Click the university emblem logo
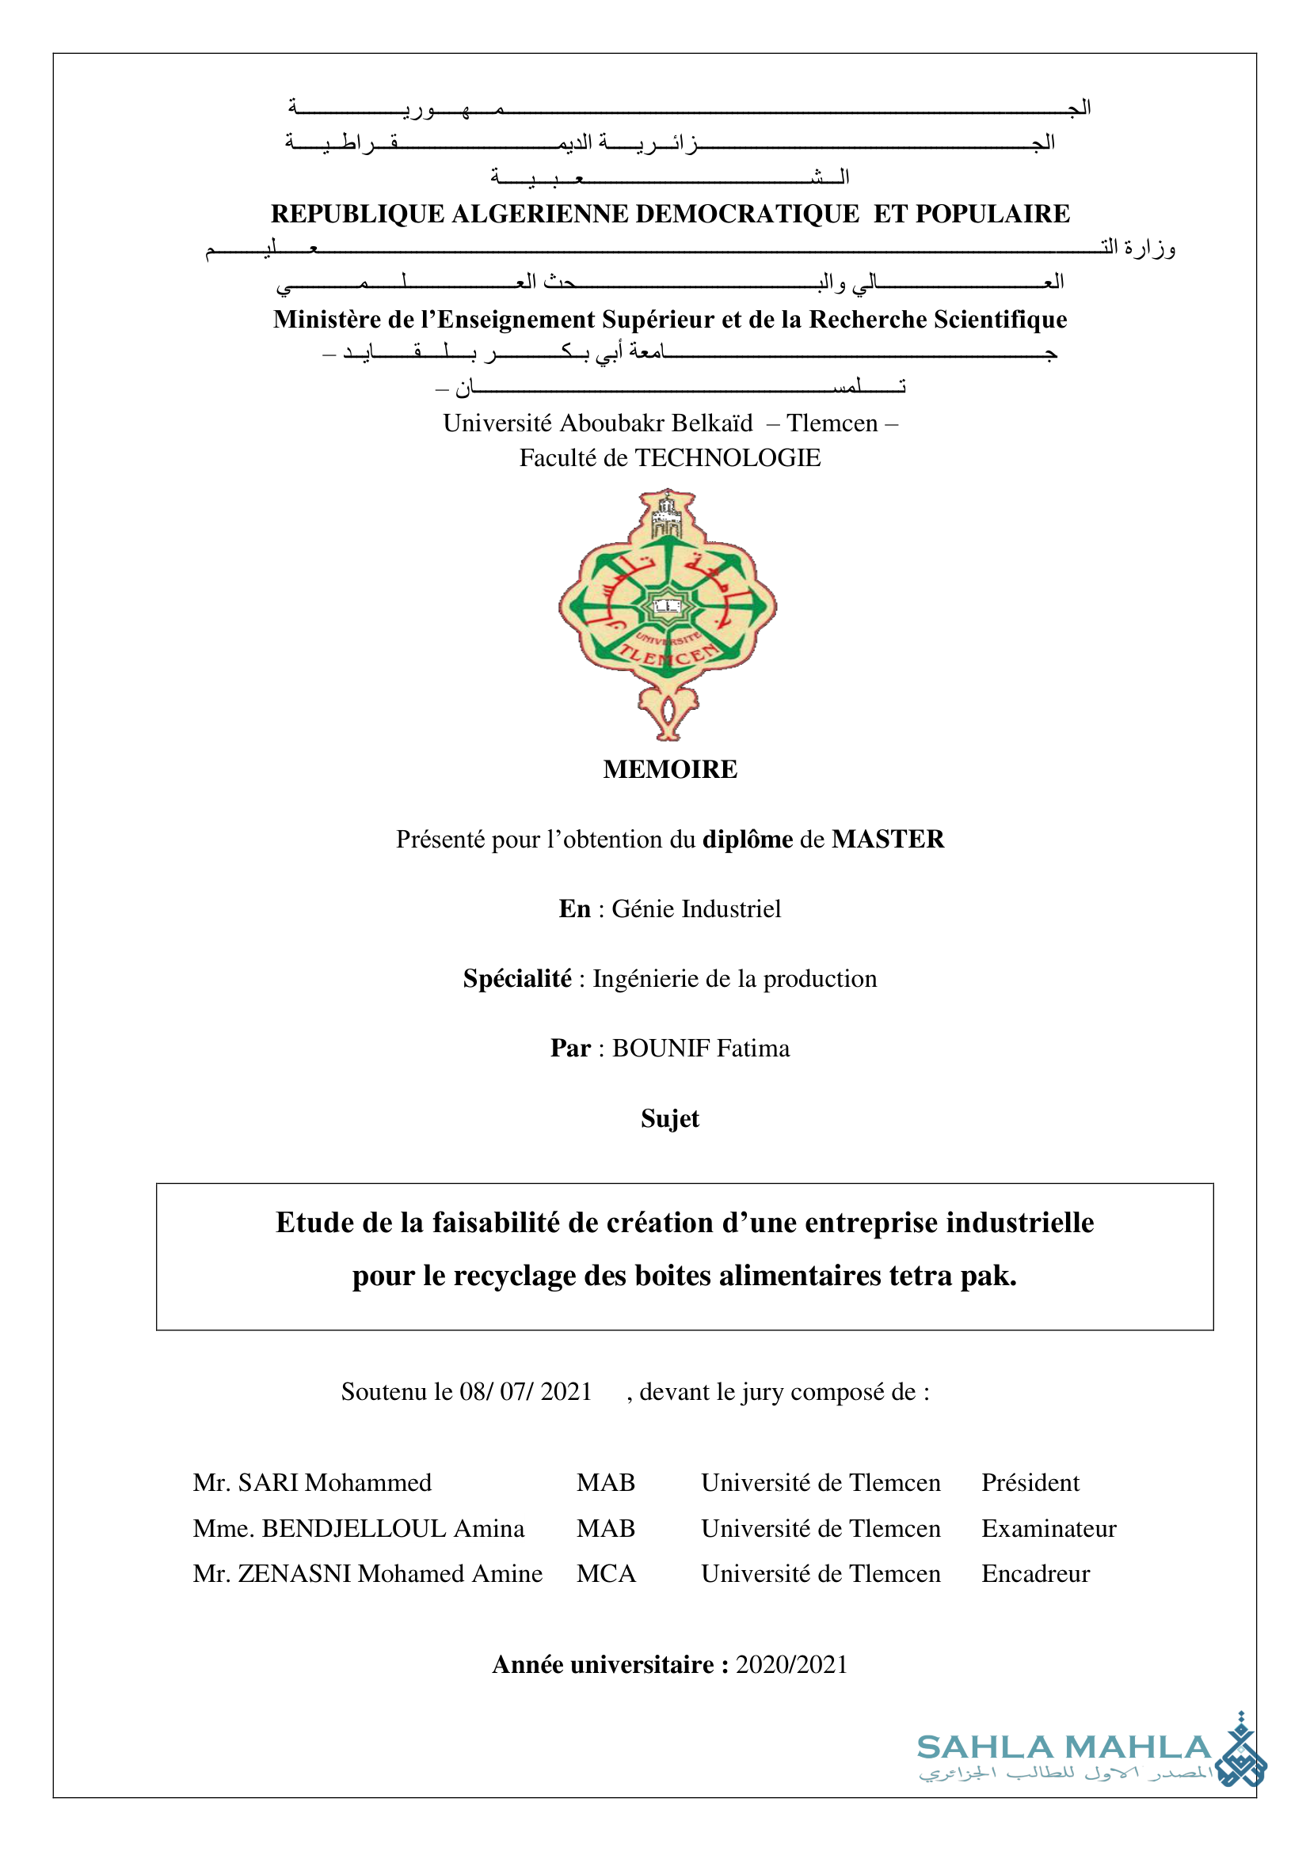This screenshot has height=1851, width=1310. pyautogui.click(x=668, y=614)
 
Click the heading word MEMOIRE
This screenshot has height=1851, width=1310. pyautogui.click(x=669, y=769)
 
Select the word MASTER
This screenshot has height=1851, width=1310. pyautogui.click(x=887, y=839)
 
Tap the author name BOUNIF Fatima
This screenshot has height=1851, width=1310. pyautogui.click(x=700, y=1048)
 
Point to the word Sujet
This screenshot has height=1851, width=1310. pyautogui.click(x=669, y=1118)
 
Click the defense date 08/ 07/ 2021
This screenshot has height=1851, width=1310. pyautogui.click(x=526, y=1391)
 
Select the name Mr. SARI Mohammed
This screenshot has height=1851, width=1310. pyautogui.click(x=312, y=1482)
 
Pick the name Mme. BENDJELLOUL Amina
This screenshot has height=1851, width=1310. pyautogui.click(x=358, y=1529)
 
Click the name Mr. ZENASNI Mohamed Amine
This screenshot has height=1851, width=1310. pyautogui.click(x=367, y=1574)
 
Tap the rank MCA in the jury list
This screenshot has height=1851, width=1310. pyautogui.click(x=606, y=1574)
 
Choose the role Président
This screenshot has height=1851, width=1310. pyautogui.click(x=1030, y=1482)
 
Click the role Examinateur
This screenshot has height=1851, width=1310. pyautogui.click(x=1049, y=1529)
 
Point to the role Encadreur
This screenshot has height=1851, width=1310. pyautogui.click(x=1035, y=1574)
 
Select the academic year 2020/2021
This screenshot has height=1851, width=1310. pyautogui.click(x=791, y=1665)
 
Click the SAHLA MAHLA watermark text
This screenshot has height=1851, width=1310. pyautogui.click(x=1063, y=1748)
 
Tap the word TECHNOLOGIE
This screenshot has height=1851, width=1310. pyautogui.click(x=728, y=458)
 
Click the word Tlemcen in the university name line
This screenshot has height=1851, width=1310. pyautogui.click(x=832, y=423)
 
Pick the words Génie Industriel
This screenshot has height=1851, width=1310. pyautogui.click(x=696, y=909)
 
